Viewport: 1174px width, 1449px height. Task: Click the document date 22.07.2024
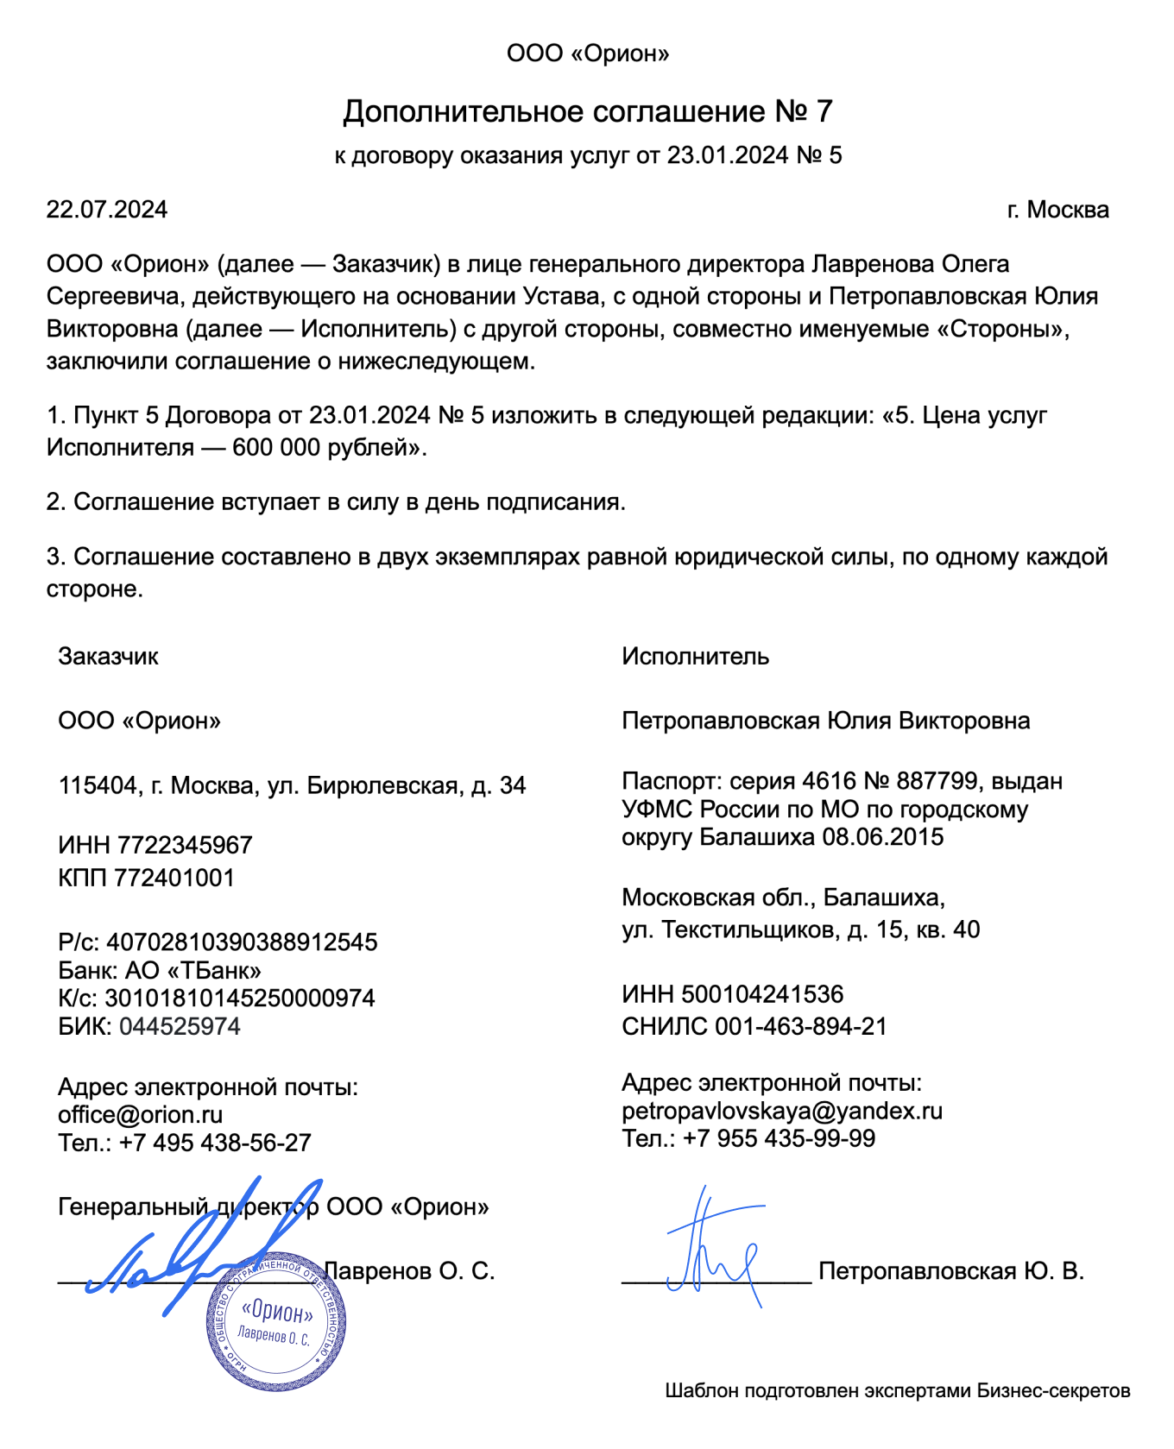106,210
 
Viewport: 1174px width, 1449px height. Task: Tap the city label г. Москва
1057,210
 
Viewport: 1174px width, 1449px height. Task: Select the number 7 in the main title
824,111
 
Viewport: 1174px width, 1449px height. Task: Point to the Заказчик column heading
108,657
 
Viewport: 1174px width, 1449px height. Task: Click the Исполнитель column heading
695,657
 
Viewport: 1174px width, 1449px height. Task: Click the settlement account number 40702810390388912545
242,942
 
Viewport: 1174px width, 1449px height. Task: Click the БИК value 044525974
180,1026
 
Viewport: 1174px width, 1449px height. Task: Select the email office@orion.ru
140,1115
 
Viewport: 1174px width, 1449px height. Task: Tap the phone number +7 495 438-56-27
215,1143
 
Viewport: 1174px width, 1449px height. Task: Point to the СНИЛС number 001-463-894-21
801,1026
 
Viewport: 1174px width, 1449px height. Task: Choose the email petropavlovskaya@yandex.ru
782,1111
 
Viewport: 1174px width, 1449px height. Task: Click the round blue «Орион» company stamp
276,1321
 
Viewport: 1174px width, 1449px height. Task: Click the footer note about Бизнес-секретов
897,1390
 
